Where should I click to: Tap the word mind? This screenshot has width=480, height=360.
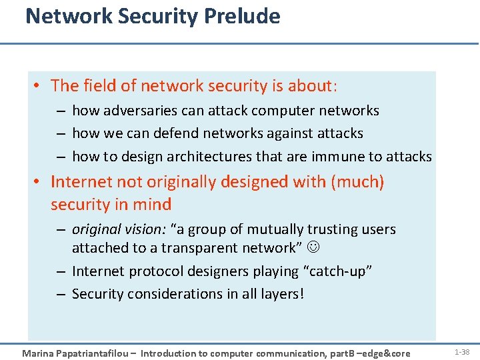(x=153, y=205)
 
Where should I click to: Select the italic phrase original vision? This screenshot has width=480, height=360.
(x=119, y=229)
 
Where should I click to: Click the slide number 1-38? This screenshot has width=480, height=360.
(x=461, y=351)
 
